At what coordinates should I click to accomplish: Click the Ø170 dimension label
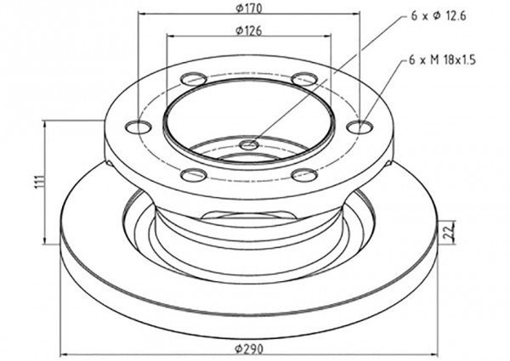[249, 8]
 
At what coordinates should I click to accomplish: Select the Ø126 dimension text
[249, 31]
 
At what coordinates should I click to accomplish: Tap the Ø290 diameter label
[249, 349]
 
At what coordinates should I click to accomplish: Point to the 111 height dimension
[39, 182]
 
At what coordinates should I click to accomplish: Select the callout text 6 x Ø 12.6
[439, 15]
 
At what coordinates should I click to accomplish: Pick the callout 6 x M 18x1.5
[442, 60]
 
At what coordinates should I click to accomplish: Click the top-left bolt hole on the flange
[194, 79]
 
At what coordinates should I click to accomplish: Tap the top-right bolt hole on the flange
[304, 79]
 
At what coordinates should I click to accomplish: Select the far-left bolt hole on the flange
[139, 127]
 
